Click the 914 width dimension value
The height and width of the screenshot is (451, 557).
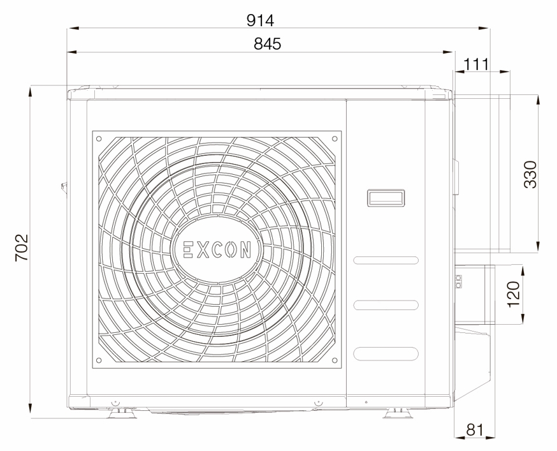(261, 20)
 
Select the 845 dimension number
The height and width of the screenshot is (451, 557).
(267, 44)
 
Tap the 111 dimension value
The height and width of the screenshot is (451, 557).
(476, 64)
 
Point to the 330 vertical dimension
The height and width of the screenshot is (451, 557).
(530, 174)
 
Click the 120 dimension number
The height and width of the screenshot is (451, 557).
(514, 294)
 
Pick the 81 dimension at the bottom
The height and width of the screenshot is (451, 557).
(475, 430)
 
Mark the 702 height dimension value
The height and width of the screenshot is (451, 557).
(22, 248)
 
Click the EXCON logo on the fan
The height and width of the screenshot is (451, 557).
(217, 249)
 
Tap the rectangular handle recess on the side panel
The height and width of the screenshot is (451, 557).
(386, 198)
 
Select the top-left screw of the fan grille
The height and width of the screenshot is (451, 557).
(99, 138)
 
